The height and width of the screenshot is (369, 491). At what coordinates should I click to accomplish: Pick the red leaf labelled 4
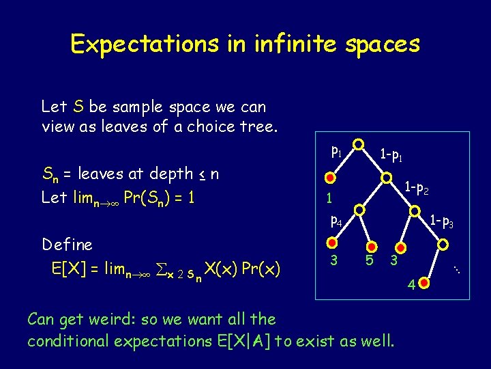click(423, 281)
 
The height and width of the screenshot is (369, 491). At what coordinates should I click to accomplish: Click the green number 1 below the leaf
click(329, 200)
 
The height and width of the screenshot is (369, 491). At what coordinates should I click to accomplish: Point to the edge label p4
click(336, 221)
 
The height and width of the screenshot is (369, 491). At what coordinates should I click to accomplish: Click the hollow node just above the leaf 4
click(444, 243)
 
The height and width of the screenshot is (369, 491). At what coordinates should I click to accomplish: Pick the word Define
click(67, 244)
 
